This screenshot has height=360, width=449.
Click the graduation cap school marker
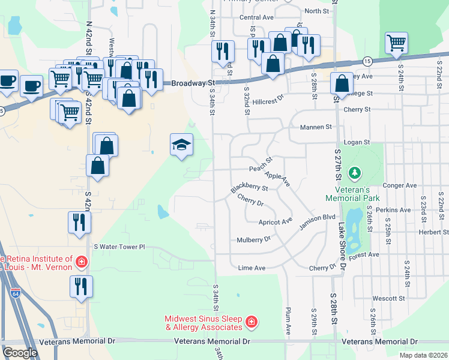182,145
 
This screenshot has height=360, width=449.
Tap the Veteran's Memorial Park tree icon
355,174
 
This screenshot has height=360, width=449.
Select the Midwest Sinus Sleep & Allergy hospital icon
251,323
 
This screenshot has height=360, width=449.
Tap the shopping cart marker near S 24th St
396,43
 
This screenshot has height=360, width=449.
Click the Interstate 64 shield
14,293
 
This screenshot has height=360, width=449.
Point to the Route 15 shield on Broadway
366,61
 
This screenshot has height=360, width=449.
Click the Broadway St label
193,83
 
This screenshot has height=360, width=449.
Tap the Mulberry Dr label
255,239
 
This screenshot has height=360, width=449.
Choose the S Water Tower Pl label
120,247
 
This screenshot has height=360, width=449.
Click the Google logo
20,353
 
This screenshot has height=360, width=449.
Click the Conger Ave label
399,186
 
